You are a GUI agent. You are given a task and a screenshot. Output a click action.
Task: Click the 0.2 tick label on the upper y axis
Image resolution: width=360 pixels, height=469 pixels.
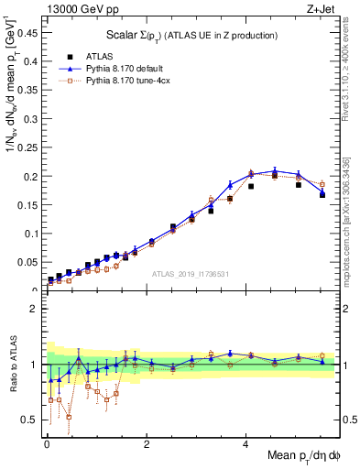click(x=33, y=176)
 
